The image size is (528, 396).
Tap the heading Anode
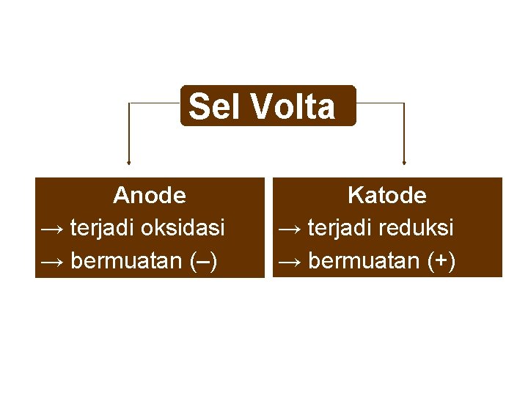[150, 196]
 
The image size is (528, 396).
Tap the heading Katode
[387, 196]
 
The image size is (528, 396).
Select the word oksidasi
[183, 228]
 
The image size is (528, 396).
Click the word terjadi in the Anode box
[103, 228]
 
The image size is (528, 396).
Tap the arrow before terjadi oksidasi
[53, 229]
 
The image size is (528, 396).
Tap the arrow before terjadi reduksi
[290, 229]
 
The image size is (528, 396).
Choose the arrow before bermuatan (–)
[53, 261]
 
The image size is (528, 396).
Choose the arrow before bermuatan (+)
[290, 261]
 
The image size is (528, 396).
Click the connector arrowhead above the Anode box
[129, 161]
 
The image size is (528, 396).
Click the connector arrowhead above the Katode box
[404, 161]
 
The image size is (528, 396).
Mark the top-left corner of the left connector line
[129, 103]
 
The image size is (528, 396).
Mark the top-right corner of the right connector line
[404, 103]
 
